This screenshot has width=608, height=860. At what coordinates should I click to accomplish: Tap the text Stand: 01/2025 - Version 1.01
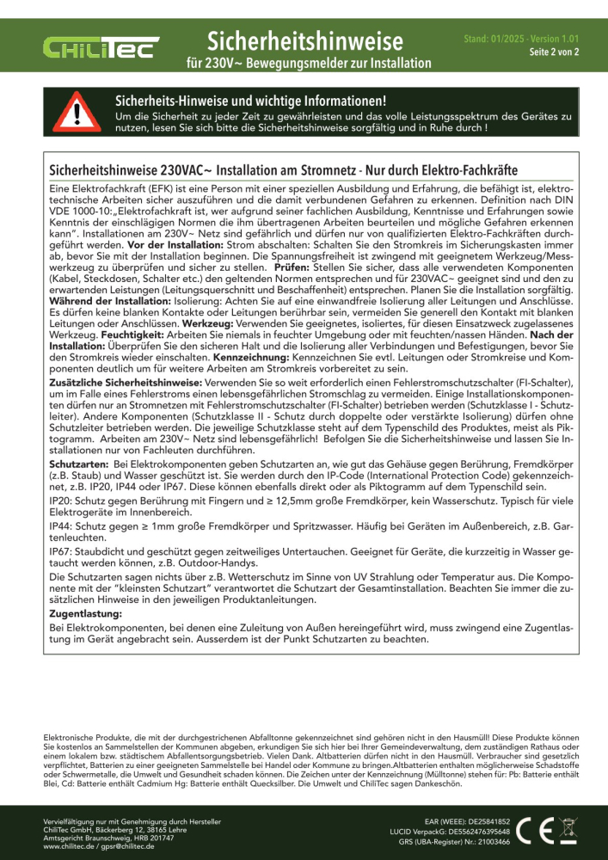(521, 40)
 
